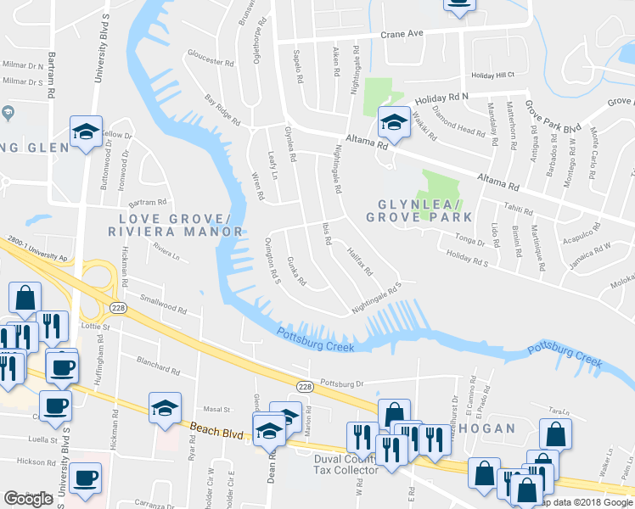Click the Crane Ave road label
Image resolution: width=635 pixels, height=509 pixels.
pos(402,35)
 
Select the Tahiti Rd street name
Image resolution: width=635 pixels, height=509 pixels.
pos(516,211)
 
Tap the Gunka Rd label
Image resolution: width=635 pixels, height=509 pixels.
pos(296,271)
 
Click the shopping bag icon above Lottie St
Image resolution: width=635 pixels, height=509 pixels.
pos(25,297)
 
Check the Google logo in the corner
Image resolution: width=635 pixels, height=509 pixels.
pos(29,499)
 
